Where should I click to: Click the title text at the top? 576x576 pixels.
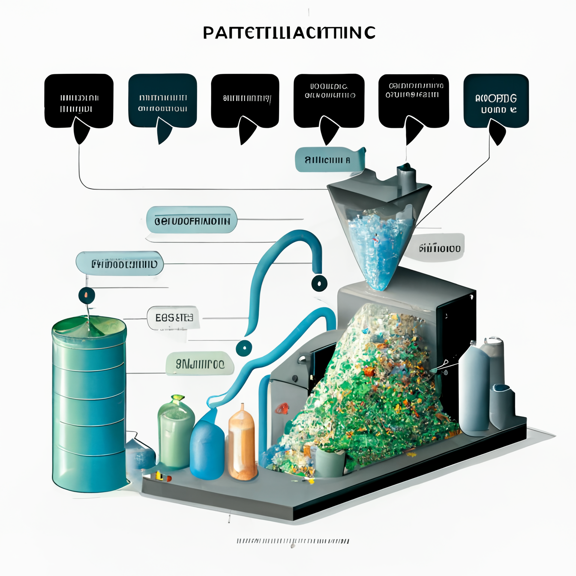[289, 33]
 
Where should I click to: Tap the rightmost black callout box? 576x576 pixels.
[496, 100]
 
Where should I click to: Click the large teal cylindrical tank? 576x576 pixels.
[89, 405]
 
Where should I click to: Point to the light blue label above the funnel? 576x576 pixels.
[328, 160]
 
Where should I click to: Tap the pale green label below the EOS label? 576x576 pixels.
[200, 363]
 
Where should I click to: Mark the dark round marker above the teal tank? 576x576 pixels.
[87, 295]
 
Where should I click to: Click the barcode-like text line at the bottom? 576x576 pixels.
[292, 541]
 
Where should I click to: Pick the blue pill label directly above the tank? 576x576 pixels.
[120, 264]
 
